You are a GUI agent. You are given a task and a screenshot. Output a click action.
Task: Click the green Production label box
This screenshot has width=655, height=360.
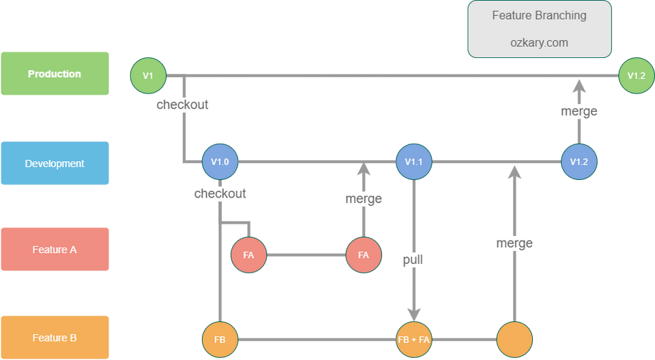[x=55, y=74]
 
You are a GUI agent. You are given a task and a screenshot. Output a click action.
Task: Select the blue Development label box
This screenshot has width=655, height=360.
[x=55, y=164]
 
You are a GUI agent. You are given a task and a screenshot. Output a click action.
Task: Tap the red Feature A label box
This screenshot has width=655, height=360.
[x=55, y=250]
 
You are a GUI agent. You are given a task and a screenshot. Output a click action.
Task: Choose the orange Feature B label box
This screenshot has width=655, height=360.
[x=55, y=337]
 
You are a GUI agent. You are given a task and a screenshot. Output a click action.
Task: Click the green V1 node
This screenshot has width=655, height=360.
[x=148, y=76]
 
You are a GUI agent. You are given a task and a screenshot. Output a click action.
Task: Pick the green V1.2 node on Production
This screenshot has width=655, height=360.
[x=636, y=76]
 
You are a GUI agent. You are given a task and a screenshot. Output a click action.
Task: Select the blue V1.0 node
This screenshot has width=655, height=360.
[x=220, y=162]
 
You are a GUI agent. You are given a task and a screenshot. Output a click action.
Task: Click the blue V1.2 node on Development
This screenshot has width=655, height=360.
[x=579, y=162]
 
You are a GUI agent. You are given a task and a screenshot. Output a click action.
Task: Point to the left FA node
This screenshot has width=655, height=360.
[x=248, y=255]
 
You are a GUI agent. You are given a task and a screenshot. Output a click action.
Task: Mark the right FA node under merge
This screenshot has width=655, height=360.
[x=363, y=255]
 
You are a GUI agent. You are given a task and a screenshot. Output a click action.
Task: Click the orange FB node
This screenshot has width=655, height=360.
[x=220, y=338]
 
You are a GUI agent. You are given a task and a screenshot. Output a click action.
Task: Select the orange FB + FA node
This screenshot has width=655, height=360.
[x=414, y=338]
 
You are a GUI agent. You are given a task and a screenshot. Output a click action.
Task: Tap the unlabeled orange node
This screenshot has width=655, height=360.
[x=514, y=338]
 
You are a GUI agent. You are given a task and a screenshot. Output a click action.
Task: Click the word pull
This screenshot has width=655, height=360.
[x=413, y=260]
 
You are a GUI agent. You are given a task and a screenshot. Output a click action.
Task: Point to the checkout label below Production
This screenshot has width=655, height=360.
[x=182, y=105]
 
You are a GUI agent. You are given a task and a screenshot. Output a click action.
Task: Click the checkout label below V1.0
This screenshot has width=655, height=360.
[x=220, y=194]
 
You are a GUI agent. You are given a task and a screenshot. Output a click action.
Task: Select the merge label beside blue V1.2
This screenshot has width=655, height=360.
[x=579, y=111]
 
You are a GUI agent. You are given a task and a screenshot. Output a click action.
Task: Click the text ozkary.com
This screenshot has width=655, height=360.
[x=539, y=42]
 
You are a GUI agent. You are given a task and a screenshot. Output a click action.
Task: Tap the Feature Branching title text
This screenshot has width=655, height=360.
[x=539, y=16]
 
